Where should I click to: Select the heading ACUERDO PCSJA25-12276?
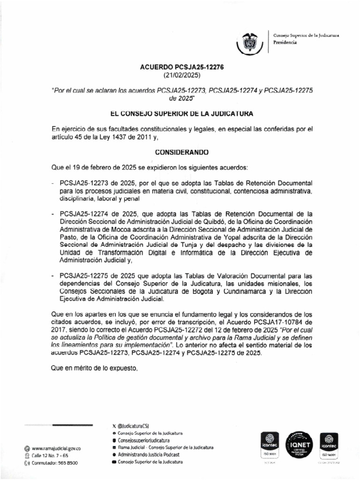(x=182, y=67)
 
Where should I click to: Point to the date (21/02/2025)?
(x=182, y=75)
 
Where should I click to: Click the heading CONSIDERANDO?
(x=182, y=152)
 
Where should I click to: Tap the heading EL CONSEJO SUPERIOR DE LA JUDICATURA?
(x=182, y=113)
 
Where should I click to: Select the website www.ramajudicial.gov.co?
(x=57, y=449)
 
